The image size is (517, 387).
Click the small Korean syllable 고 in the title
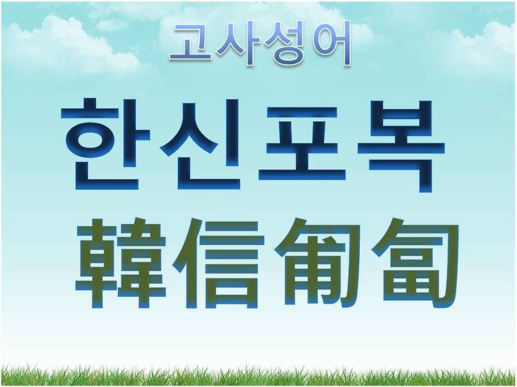(191, 43)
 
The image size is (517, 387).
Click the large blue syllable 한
(105, 144)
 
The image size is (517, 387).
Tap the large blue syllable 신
(200, 145)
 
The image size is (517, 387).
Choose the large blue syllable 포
(302, 145)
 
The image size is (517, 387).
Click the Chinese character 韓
(121, 264)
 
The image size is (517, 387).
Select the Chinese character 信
(219, 263)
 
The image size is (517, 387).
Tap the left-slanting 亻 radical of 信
(187, 263)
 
